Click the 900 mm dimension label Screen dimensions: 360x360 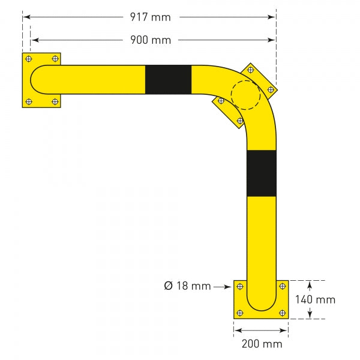(151, 40)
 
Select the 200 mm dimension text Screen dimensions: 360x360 (261, 344)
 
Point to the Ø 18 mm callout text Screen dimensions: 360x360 (187, 286)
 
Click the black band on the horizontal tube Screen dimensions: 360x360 (168, 80)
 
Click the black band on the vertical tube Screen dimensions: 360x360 (262, 173)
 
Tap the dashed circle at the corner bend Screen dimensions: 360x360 (245, 95)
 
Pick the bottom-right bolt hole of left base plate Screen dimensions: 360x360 (55, 101)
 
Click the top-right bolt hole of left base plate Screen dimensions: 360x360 (55, 59)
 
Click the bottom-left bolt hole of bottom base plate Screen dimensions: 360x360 (240, 313)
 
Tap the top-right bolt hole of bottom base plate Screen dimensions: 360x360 (282, 286)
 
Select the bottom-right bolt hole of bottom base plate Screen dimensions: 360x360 (282, 313)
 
